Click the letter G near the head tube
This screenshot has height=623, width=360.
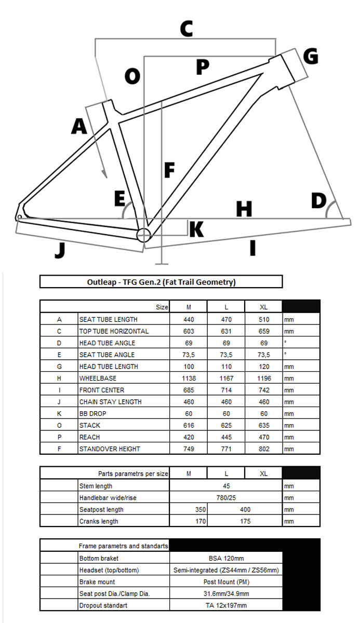point(310,56)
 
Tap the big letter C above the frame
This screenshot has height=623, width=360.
point(186,29)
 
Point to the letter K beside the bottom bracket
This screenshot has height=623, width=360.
point(196,229)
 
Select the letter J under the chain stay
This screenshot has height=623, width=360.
point(60,250)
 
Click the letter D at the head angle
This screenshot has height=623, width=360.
point(318,200)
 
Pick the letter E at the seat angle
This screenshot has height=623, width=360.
point(119,199)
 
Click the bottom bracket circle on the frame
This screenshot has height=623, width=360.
point(143,235)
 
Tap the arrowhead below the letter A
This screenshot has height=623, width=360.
point(105,175)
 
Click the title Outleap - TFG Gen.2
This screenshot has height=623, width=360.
point(161,282)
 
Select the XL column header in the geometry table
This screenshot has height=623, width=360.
point(263,307)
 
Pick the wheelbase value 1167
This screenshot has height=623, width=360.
point(226,378)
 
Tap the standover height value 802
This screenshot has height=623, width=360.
point(263,449)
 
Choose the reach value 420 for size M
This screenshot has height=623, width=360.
point(189,437)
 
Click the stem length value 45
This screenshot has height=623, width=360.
point(226,486)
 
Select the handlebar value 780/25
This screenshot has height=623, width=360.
point(226,498)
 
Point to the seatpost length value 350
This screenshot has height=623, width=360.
point(199,510)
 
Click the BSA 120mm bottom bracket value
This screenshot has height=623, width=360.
point(226,558)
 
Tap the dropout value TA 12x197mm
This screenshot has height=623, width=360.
point(226,605)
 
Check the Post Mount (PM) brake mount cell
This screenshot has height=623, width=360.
point(226,582)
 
